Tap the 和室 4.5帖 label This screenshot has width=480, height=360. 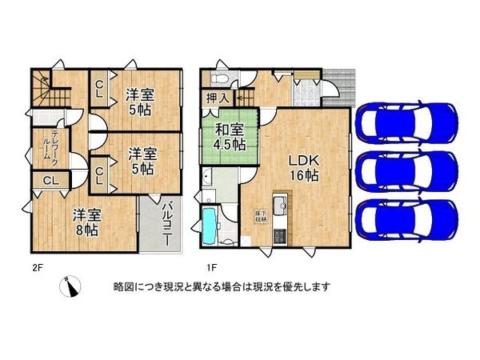[x=229, y=137]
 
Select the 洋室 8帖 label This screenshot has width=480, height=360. [x=84, y=222]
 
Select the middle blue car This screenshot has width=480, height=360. [x=407, y=170]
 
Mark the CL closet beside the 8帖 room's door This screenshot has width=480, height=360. [x=48, y=180]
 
